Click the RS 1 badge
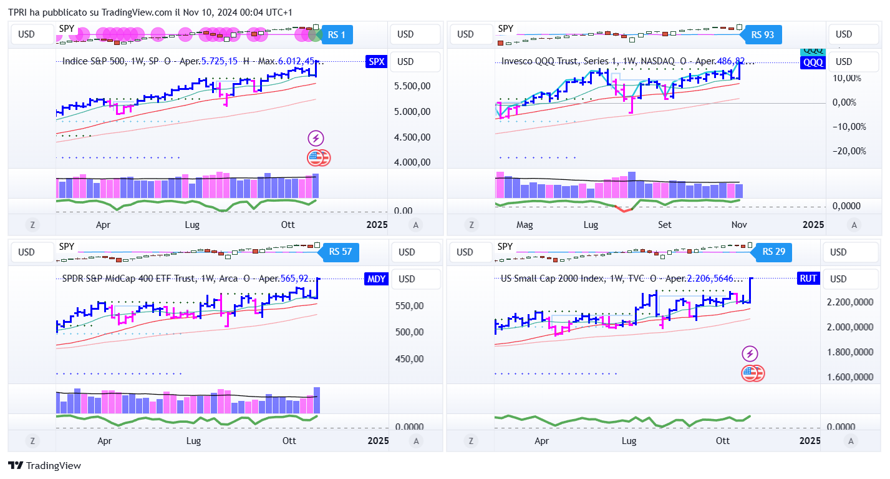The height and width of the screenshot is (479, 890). point(337,34)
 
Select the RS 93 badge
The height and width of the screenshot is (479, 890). point(763,34)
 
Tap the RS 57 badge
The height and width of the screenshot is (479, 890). point(341,252)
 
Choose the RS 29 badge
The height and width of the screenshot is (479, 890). point(774,252)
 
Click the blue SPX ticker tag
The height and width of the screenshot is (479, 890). point(377,61)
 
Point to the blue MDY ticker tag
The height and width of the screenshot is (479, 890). point(376,279)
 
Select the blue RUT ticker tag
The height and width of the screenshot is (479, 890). point(808,279)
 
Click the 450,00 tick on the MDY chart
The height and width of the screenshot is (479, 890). point(409,359)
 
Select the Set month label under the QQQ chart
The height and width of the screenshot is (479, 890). point(665,225)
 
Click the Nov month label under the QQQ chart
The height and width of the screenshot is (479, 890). point(738,225)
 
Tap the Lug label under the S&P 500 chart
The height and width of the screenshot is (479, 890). point(193,225)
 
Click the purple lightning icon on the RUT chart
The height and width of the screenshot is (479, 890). point(750,354)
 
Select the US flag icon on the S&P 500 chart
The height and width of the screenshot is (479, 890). point(318,158)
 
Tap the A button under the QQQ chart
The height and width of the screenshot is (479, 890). point(854,225)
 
